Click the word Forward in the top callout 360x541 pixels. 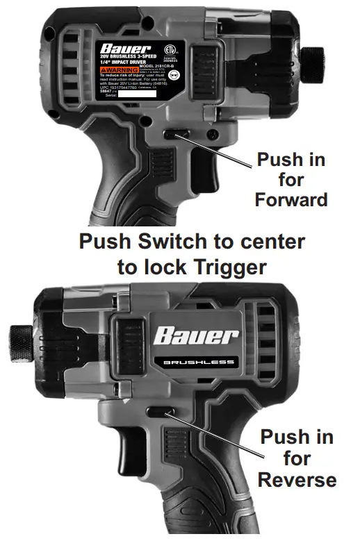(x=291, y=200)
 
